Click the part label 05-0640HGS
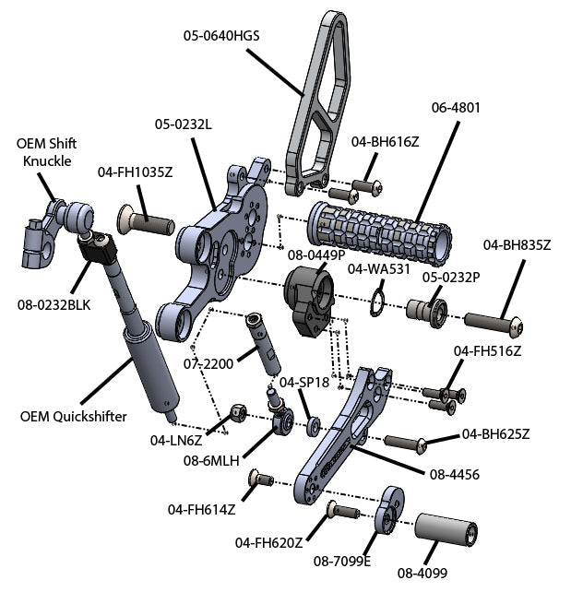221,37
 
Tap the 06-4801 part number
456,108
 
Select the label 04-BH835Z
517,245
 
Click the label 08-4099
422,573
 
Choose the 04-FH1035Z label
136,172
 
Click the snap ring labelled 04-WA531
377,302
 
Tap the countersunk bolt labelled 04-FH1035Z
148,221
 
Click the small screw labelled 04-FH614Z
260,480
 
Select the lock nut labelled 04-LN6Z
236,409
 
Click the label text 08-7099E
341,560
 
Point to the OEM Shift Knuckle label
46,152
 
